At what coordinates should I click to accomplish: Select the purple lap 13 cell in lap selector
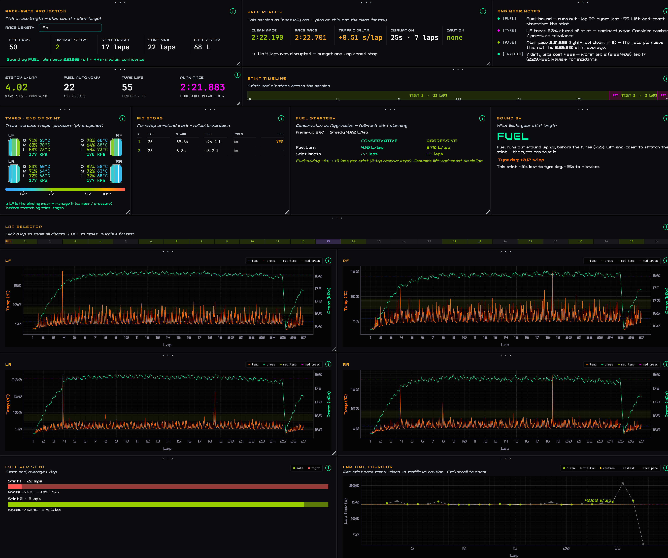click(x=328, y=242)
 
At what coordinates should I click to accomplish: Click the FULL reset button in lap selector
click(x=9, y=242)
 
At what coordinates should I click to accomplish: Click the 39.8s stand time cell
click(x=182, y=142)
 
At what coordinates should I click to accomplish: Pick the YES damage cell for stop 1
click(x=280, y=142)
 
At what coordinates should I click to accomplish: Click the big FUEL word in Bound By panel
click(x=513, y=136)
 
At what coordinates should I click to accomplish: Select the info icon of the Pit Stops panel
click(x=281, y=118)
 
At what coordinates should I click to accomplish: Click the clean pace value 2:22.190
click(x=267, y=37)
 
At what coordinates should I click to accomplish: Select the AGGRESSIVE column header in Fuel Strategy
click(x=441, y=141)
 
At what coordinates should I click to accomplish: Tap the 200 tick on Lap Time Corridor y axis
click(x=354, y=486)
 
